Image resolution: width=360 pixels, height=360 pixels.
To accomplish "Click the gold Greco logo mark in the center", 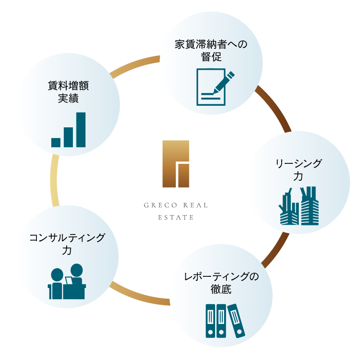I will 176,164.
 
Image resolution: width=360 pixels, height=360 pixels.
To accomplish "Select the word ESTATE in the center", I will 176,217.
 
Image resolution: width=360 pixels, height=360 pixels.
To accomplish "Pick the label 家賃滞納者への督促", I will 211,50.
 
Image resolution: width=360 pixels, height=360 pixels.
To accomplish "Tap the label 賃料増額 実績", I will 68,91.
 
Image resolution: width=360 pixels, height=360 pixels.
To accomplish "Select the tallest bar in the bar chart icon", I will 81,130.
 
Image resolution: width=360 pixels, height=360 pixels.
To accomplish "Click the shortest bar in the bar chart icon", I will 56,142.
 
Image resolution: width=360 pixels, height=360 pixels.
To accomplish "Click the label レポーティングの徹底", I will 221,283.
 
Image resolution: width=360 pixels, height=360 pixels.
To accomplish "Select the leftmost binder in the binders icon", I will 210,321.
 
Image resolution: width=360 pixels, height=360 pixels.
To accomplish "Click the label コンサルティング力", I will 67,244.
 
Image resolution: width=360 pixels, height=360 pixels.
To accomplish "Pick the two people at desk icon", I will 67,282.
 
